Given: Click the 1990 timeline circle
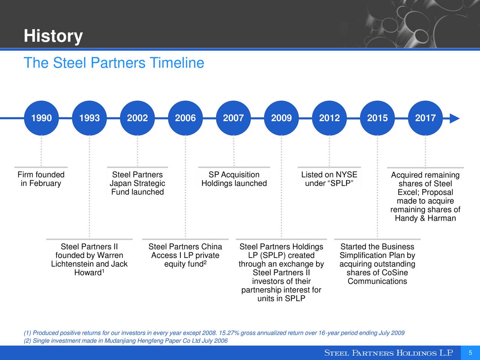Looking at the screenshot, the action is [41, 118].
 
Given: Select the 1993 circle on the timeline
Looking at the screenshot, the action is [89, 118].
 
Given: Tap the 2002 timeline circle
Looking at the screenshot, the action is [137, 118].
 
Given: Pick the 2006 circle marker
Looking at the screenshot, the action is [185, 118].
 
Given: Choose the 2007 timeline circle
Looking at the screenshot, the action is [233, 118].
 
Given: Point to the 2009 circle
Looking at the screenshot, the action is [281, 118].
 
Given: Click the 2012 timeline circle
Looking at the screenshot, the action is [329, 118].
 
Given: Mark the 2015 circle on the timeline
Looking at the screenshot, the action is [377, 118].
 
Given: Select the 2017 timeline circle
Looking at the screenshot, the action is [425, 118].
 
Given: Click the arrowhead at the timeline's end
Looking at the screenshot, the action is [454, 118].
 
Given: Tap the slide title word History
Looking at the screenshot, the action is [53, 36].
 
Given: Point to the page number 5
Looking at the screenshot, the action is [470, 352].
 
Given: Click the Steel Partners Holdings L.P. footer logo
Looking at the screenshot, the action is [388, 353].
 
